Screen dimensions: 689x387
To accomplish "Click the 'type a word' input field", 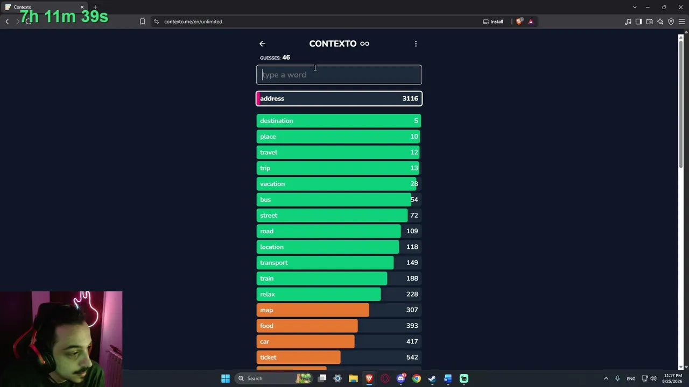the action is (x=339, y=75).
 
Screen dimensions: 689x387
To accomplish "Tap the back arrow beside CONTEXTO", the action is (x=262, y=44).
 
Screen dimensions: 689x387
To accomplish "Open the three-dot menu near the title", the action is (x=416, y=44).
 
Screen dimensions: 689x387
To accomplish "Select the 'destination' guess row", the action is (x=339, y=121).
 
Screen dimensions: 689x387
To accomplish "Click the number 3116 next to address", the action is (x=410, y=98).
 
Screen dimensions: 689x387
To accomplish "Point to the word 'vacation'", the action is (x=272, y=184).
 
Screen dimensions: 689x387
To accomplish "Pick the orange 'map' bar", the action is (x=313, y=310).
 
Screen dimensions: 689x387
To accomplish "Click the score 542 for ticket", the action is (x=412, y=357).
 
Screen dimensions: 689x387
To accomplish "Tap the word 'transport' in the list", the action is (x=274, y=263).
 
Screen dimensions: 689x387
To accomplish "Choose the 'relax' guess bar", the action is (x=318, y=294).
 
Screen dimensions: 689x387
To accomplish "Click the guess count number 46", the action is (x=286, y=58).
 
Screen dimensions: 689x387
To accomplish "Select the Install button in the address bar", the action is (x=493, y=21).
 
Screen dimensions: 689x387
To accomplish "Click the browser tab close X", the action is (x=82, y=7).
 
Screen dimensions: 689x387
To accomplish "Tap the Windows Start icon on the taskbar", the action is (x=226, y=378).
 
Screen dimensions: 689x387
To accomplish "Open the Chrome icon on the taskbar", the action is (x=417, y=378).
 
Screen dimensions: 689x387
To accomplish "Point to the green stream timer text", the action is (x=64, y=17).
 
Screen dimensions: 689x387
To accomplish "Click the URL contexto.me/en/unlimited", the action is (x=193, y=21).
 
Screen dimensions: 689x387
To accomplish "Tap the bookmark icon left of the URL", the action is (x=142, y=21).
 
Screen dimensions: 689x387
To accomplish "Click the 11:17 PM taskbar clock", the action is (x=673, y=376).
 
